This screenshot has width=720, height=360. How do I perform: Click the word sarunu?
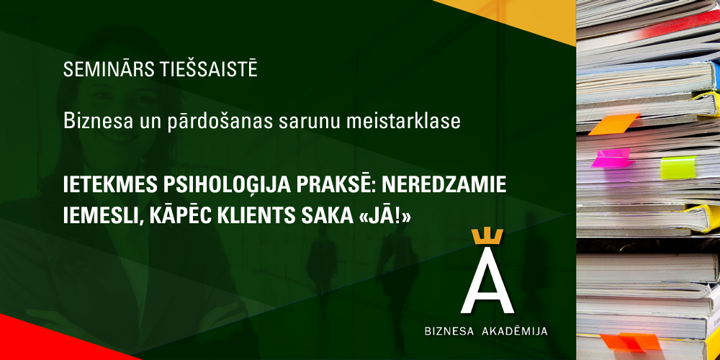pyautogui.click(x=309, y=123)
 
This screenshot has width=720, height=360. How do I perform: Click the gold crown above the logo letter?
pyautogui.click(x=487, y=237)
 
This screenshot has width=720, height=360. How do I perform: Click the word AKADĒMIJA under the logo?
pyautogui.click(x=515, y=331)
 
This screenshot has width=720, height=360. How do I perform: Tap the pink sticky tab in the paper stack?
pyautogui.click(x=610, y=158)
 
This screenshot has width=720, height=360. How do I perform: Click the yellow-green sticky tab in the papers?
pyautogui.click(x=678, y=167)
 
